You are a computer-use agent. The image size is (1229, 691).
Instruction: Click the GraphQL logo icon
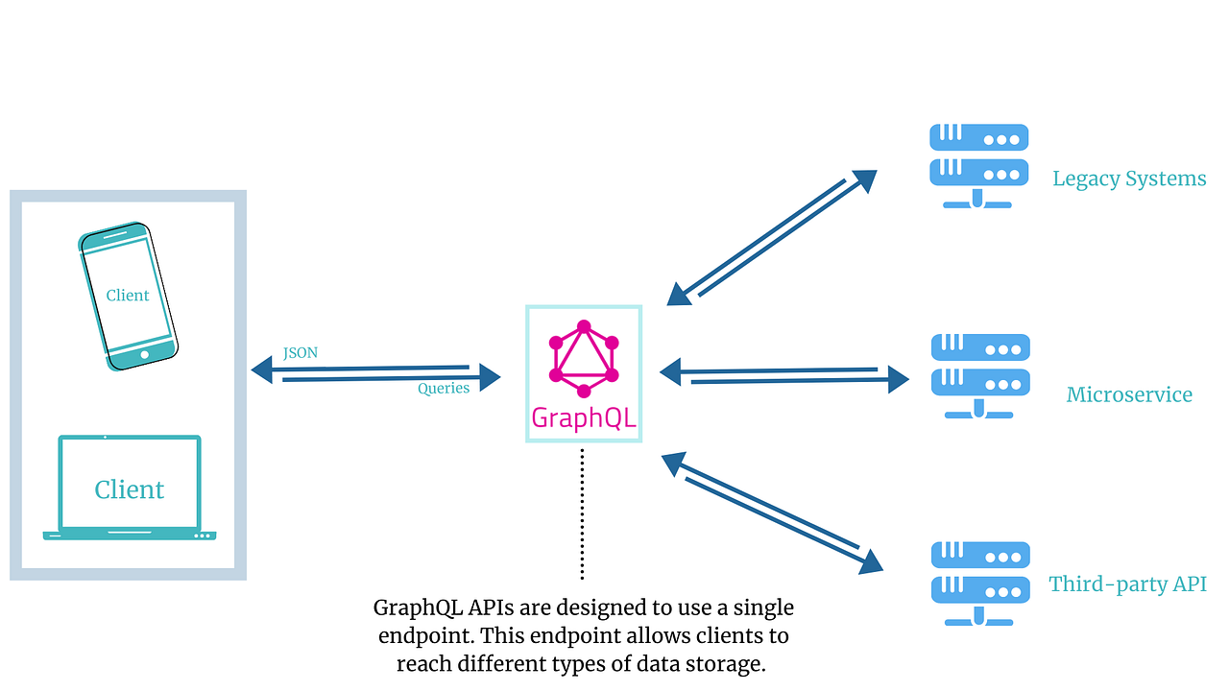[x=583, y=357]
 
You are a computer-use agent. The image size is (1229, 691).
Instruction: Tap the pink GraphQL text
[x=583, y=418]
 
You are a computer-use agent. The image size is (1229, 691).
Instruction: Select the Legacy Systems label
[x=1129, y=179]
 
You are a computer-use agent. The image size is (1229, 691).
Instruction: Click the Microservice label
[x=1129, y=394]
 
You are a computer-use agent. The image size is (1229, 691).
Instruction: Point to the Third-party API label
[x=1127, y=584]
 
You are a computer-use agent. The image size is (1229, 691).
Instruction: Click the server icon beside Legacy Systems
[x=979, y=165]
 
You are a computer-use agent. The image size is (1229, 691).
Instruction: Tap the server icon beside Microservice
[x=979, y=375]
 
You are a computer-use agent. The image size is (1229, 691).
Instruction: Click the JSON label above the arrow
[x=301, y=353]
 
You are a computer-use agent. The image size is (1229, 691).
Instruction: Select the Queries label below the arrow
[x=444, y=389]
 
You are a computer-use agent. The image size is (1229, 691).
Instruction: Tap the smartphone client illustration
[x=128, y=297]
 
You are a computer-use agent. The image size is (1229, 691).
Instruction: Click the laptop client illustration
[x=130, y=488]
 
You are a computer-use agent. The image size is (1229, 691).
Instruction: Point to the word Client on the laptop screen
[x=130, y=489]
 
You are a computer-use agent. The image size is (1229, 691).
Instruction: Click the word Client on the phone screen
[x=128, y=296]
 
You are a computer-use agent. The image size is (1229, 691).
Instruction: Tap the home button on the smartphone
[x=145, y=355]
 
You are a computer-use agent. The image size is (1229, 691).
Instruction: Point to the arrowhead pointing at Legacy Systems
[x=864, y=179]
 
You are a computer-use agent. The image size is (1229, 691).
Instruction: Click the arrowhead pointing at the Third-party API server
[x=872, y=561]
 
